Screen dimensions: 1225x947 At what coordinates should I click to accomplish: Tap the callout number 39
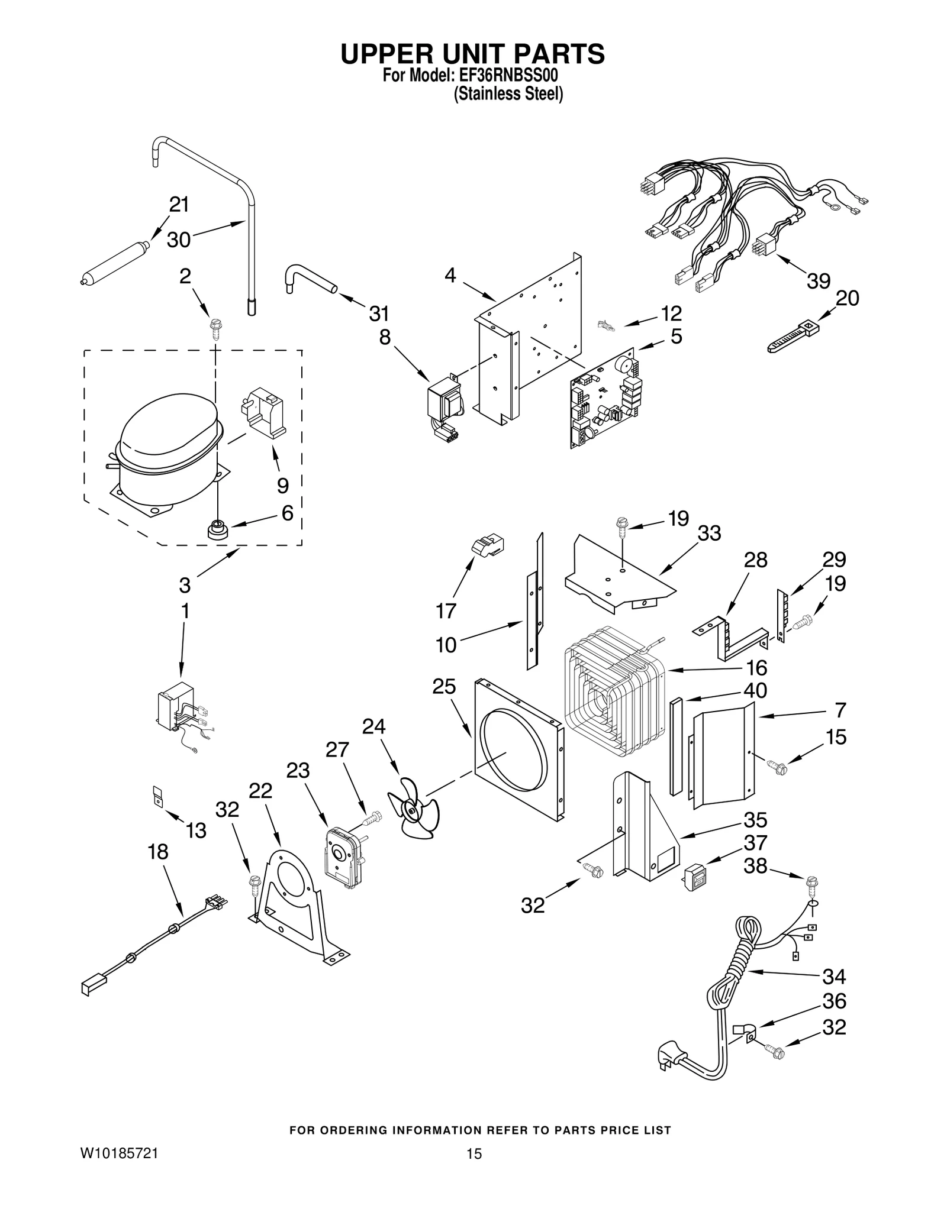(x=819, y=281)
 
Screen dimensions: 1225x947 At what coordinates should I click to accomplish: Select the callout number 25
(x=444, y=686)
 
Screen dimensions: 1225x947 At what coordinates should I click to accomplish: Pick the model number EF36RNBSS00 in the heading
(x=507, y=77)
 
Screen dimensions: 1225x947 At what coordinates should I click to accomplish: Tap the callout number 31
(x=379, y=313)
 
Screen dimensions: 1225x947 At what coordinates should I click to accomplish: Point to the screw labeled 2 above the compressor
(x=215, y=328)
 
